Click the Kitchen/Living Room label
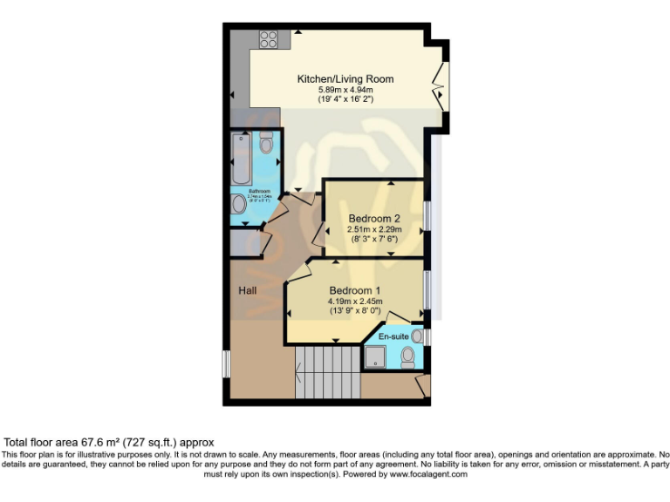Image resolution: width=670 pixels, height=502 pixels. click(345, 79)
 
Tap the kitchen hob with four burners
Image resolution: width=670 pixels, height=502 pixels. click(268, 39)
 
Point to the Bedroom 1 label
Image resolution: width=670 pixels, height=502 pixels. click(354, 290)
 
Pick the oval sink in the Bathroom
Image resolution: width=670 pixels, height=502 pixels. click(239, 205)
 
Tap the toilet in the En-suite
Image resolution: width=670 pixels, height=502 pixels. click(407, 357)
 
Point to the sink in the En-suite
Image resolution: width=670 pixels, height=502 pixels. click(417, 336)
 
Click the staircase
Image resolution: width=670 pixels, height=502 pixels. click(328, 371)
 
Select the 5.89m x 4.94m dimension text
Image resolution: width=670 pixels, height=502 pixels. click(345, 90)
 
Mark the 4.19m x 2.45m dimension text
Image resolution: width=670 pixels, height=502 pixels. click(354, 301)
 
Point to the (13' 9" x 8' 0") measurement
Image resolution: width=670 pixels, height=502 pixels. click(354, 310)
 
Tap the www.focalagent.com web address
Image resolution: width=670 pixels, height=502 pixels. click(428, 475)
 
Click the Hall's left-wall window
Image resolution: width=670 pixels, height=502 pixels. click(225, 363)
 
